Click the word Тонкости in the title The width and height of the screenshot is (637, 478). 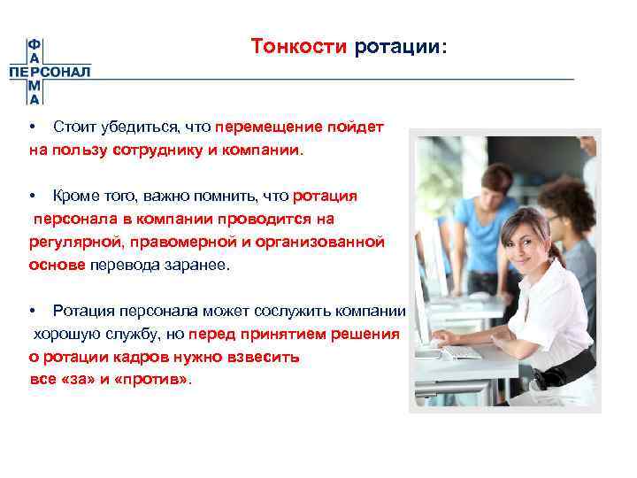[x=299, y=46]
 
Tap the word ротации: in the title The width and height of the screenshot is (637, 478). [x=401, y=46]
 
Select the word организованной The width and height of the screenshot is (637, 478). [x=326, y=242]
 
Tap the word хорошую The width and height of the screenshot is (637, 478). [x=66, y=335]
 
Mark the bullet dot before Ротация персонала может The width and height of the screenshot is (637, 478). [x=31, y=312]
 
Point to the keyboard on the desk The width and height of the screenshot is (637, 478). [x=461, y=351]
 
